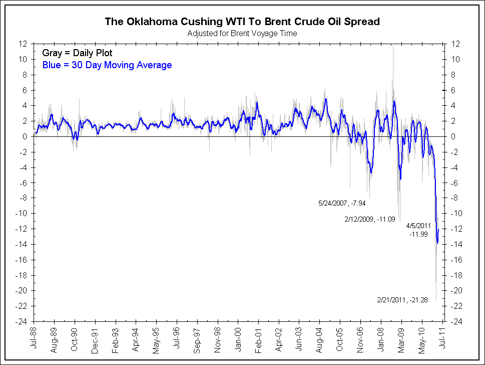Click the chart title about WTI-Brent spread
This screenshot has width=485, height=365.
[x=242, y=22]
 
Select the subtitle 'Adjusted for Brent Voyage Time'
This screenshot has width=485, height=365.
[x=242, y=34]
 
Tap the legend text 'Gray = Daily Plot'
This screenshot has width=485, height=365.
[x=77, y=53]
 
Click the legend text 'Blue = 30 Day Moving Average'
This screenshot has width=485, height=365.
[x=105, y=65]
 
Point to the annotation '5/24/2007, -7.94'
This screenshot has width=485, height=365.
[x=342, y=204]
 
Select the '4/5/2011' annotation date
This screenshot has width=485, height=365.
[x=418, y=226]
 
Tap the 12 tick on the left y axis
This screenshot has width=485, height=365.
[x=24, y=44]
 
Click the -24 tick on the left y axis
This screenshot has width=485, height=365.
[x=22, y=321]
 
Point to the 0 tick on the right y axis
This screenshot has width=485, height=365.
[x=453, y=136]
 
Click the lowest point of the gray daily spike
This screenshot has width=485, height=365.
[x=436, y=301]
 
